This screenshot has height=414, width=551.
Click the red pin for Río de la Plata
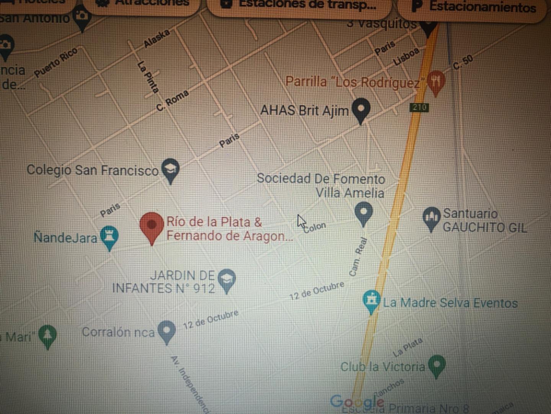click(152, 225)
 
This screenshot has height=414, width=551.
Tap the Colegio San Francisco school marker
click(170, 169)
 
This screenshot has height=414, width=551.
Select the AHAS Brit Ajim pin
click(361, 108)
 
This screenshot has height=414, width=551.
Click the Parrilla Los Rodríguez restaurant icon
click(436, 81)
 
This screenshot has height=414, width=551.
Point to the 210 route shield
click(419, 107)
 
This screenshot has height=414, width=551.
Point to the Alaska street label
click(156, 39)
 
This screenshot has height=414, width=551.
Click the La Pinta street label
click(148, 77)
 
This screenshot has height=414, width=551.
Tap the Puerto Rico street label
click(56, 62)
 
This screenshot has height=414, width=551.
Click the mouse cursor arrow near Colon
click(301, 221)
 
